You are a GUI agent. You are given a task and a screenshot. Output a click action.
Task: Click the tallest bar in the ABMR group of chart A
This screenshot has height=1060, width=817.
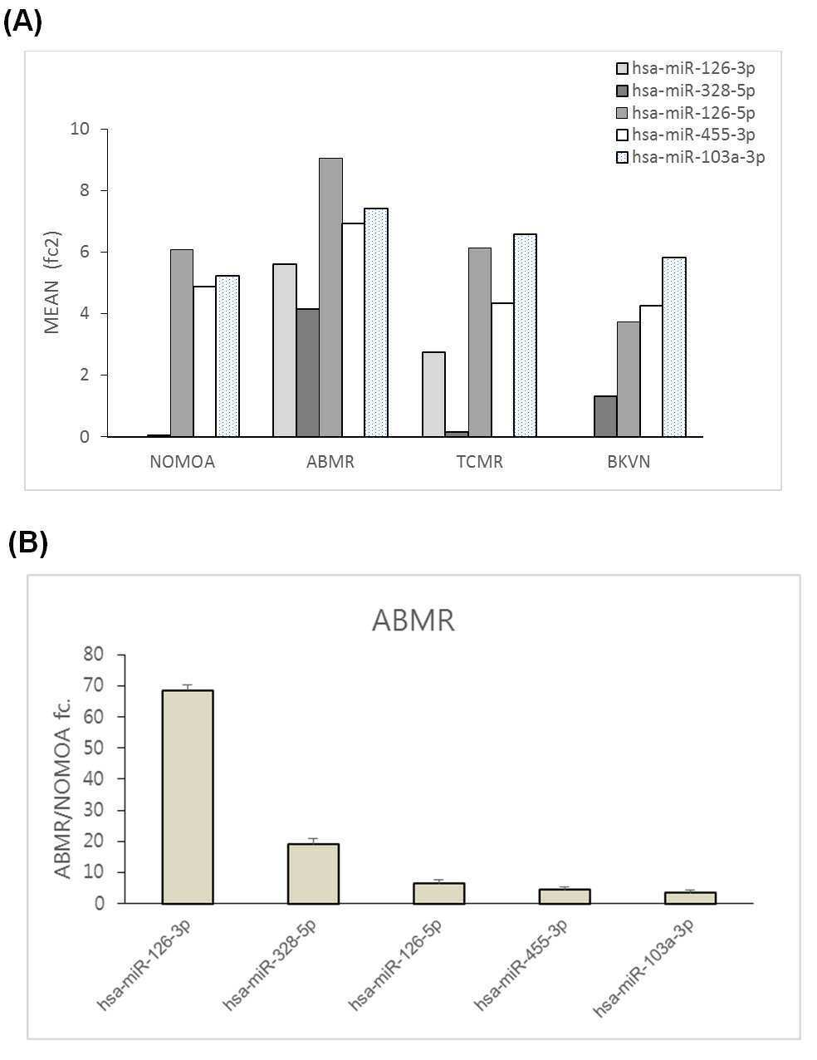(x=330, y=297)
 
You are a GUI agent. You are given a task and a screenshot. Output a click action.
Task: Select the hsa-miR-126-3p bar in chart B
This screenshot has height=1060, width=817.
(x=188, y=797)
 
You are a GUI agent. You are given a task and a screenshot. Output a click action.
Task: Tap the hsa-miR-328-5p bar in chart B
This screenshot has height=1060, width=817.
(x=313, y=873)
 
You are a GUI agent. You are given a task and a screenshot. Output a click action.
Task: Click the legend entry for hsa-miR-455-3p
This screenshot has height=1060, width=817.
(x=686, y=135)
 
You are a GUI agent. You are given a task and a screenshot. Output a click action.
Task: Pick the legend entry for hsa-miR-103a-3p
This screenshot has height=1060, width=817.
(x=690, y=157)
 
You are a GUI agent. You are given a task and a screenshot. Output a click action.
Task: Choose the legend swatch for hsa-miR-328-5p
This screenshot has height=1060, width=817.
(x=622, y=91)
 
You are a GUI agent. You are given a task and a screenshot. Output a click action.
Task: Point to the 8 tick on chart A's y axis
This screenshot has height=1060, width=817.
(x=85, y=190)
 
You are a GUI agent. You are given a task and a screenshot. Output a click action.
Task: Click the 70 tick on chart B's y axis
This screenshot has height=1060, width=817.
(x=93, y=685)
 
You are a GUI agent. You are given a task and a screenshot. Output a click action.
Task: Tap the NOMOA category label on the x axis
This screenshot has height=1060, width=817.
(x=182, y=461)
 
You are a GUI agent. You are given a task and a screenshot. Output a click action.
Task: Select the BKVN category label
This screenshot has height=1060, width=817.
(x=629, y=461)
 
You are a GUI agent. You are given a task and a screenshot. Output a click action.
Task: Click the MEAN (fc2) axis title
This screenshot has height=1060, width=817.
(x=51, y=282)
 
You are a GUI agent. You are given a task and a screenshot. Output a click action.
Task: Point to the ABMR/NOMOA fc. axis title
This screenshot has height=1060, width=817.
(x=62, y=788)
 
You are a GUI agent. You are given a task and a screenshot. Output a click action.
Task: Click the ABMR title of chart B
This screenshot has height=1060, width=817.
(x=413, y=621)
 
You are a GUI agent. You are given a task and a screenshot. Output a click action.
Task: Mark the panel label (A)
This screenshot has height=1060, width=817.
(x=22, y=22)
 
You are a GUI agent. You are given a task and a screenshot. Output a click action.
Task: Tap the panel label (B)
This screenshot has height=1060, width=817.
(x=27, y=543)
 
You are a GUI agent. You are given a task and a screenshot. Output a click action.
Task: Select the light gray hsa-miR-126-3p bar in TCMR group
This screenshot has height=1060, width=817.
(x=433, y=394)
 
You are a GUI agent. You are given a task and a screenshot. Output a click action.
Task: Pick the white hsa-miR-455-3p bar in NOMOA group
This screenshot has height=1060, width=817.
(x=204, y=361)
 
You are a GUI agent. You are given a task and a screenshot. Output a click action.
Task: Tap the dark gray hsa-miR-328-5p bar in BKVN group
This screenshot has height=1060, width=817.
(x=605, y=416)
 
